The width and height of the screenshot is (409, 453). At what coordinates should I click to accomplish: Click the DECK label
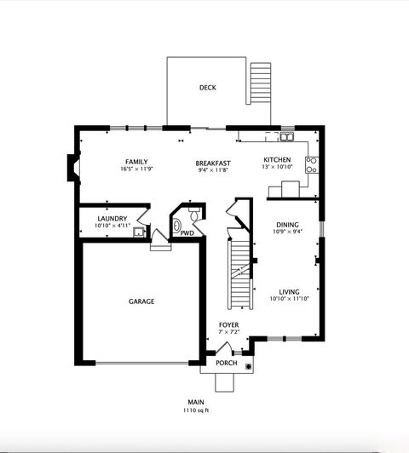207,88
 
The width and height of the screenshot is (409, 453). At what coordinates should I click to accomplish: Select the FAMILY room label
136,161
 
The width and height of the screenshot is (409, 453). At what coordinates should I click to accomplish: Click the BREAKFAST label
213,163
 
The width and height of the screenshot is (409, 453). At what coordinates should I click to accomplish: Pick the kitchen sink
287,136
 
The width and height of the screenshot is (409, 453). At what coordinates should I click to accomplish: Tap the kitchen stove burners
312,163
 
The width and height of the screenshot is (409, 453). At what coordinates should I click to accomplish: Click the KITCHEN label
277,160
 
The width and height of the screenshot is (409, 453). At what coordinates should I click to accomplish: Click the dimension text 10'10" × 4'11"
112,226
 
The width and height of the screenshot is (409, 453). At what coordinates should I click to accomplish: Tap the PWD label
187,232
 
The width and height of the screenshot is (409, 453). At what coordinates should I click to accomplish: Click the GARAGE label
141,301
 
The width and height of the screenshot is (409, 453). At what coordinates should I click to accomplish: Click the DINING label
287,225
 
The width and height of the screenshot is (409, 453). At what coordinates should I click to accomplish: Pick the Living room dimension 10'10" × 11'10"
288,299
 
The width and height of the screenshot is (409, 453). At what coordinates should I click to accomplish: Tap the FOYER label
228,324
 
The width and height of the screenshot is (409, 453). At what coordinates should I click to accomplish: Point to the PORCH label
226,364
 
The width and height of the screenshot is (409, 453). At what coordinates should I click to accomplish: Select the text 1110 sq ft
196,410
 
